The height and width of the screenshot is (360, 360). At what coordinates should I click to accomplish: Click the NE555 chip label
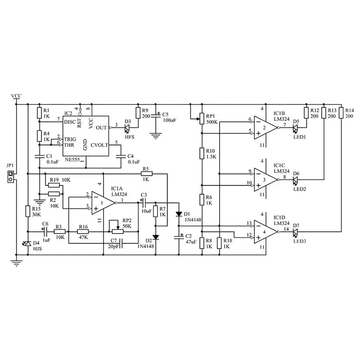point(72,160)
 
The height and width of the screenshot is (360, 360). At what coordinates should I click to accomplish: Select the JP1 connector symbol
point(10,176)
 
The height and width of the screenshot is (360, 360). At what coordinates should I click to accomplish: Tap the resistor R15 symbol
point(28,211)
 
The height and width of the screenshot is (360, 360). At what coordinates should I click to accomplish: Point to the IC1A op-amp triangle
point(103,203)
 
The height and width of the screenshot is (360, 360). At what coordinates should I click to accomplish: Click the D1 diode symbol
point(179,214)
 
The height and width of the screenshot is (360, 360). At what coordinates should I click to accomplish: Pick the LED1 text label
point(300,137)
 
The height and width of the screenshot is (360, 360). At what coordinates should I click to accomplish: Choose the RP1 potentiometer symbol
point(202,118)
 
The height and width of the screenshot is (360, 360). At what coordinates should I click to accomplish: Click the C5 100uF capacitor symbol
point(156,115)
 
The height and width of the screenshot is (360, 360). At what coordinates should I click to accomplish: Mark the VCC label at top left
point(16,96)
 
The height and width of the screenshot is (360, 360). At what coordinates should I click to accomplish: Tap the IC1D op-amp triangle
point(265,232)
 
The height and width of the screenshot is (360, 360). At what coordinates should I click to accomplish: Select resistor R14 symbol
point(342,113)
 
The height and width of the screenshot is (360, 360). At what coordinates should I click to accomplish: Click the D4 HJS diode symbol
point(28,243)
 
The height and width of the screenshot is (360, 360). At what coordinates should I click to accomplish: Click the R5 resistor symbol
point(147,174)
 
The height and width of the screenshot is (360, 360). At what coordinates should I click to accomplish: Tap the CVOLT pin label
point(99,145)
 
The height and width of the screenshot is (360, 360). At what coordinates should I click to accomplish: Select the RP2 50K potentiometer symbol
point(117,231)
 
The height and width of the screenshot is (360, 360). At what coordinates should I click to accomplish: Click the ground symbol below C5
point(156,136)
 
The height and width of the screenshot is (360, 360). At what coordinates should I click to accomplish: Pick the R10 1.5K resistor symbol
point(202,153)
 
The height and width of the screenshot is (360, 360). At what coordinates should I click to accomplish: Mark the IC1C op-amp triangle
point(265,180)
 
